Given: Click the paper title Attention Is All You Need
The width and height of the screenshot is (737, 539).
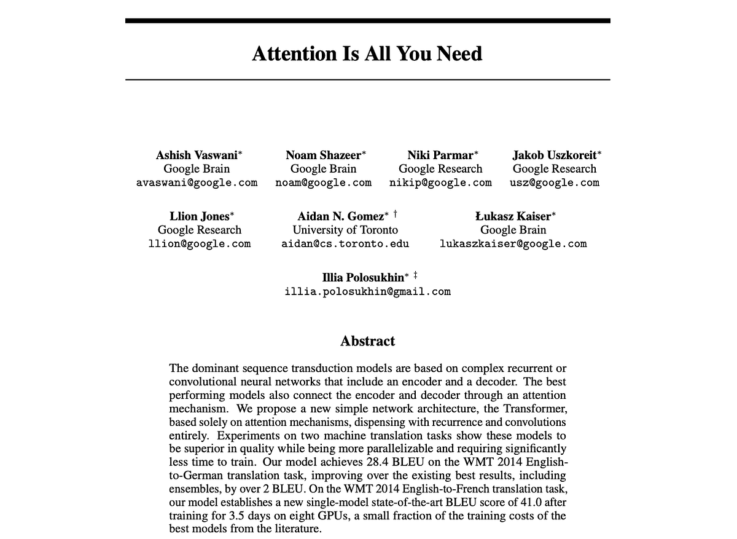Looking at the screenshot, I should (x=367, y=53).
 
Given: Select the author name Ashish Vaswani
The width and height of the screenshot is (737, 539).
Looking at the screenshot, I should (x=197, y=155).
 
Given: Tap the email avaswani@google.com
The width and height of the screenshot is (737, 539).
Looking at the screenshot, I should (x=197, y=183).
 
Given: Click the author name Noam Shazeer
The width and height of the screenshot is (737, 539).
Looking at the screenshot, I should (x=323, y=155).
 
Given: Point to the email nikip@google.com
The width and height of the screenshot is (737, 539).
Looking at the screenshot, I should (x=440, y=183).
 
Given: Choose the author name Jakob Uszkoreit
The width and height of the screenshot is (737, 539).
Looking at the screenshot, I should (x=554, y=155).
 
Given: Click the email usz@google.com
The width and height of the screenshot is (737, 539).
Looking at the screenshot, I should (x=554, y=183).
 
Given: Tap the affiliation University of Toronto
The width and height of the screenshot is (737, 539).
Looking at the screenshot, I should (x=345, y=230).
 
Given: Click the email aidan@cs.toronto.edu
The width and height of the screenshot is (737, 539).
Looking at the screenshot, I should (x=345, y=243).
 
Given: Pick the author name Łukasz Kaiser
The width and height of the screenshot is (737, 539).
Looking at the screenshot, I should (x=513, y=216).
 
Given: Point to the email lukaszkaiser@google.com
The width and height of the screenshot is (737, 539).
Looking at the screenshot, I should (x=513, y=243).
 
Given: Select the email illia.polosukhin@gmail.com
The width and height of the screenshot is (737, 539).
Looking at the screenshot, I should (x=367, y=291).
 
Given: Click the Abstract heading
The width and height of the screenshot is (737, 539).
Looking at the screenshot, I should (x=367, y=341).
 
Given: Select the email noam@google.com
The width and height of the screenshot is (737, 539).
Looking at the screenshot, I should (x=323, y=183).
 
